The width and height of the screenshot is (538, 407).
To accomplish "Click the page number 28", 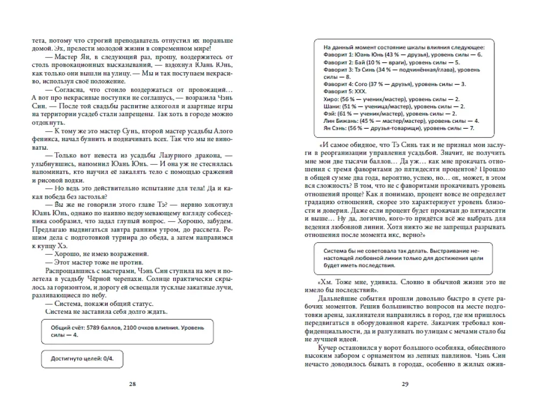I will click(133, 384).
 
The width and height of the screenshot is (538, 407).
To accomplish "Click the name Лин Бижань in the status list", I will click(339, 121).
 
